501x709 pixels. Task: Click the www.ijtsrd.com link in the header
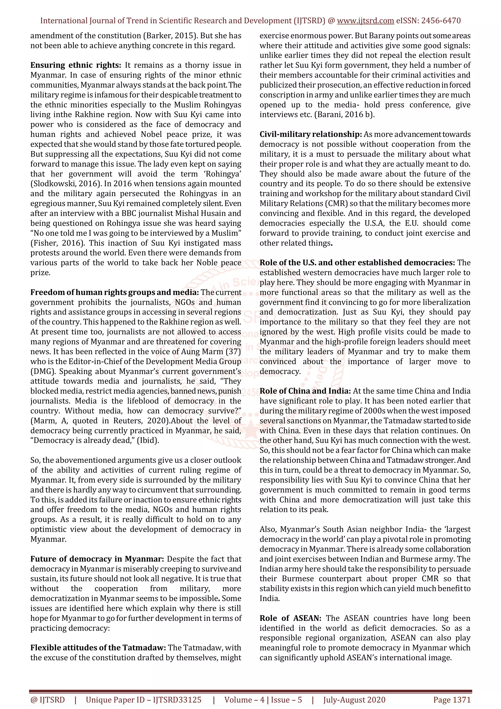(x=365, y=21)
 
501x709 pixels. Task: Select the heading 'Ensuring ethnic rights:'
(x=76, y=65)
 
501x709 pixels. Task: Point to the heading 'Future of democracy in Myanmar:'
(x=97, y=559)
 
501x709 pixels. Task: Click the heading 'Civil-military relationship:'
(x=311, y=134)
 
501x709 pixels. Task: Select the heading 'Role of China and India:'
(x=305, y=391)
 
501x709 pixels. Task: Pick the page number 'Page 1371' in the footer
(x=452, y=699)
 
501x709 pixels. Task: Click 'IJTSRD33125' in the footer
(x=177, y=699)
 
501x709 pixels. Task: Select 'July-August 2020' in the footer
(x=354, y=699)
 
